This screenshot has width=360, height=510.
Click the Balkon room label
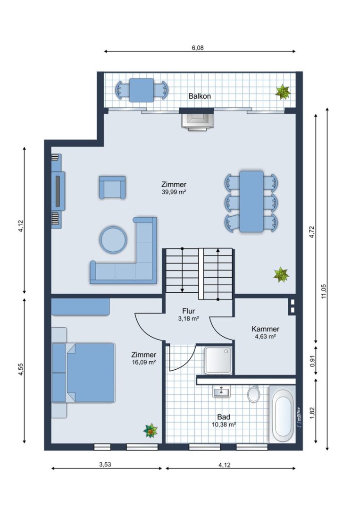[200, 96]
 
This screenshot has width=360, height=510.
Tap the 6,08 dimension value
[198, 48]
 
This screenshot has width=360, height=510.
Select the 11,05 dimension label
[324, 291]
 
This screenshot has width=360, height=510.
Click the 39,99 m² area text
[174, 192]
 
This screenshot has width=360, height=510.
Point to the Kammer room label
[266, 329]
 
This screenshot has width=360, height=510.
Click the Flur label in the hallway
[188, 311]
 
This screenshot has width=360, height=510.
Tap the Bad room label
[224, 417]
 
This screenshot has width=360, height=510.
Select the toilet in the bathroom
[253, 394]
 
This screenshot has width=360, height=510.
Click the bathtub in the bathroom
[282, 414]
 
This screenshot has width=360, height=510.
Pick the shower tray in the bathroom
[218, 360]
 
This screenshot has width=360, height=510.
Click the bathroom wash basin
[221, 391]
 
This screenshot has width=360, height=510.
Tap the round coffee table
[113, 240]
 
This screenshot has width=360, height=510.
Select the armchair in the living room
[112, 187]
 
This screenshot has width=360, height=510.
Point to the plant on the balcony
[283, 92]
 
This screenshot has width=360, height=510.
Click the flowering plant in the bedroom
[151, 431]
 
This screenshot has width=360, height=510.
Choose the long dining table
[251, 201]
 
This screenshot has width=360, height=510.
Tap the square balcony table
[142, 90]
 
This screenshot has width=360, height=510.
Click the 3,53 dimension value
[105, 465]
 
